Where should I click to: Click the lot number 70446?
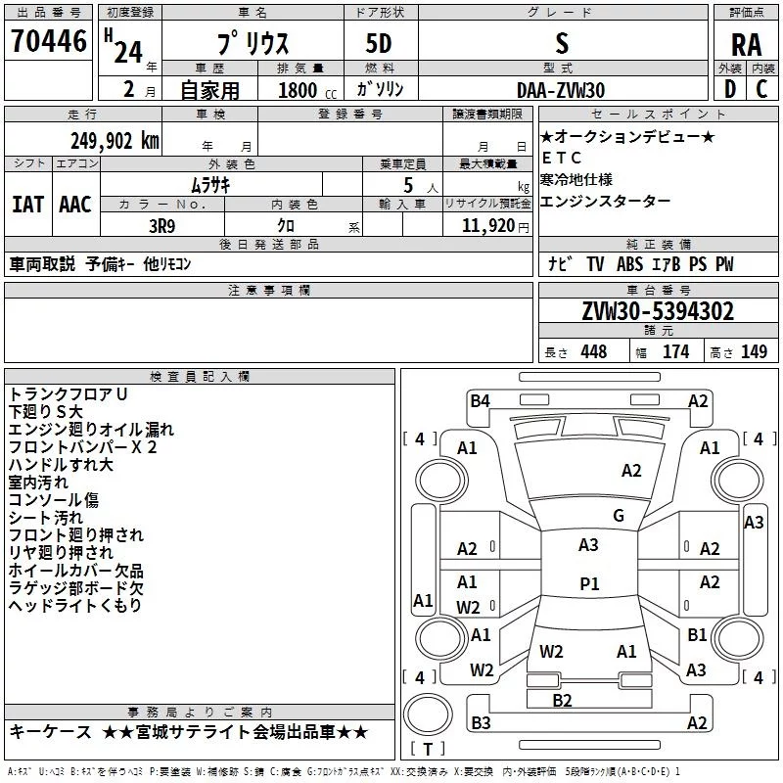coord(48,41)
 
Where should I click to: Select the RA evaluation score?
coord(746,43)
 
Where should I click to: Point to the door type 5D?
coord(378,44)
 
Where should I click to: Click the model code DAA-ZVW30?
coord(561,89)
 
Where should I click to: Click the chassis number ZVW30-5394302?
coord(657,311)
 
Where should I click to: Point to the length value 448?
coord(593,352)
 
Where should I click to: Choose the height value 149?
coord(754,352)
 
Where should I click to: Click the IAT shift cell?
coord(27,205)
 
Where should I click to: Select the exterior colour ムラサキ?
coord(209,183)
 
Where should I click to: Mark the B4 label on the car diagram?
coord(480,399)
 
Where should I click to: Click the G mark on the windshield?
coord(619,516)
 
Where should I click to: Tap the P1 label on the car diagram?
coord(589,584)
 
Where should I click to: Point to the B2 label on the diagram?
coord(562,700)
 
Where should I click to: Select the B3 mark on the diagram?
coord(481,722)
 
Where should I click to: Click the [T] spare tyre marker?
coord(427,750)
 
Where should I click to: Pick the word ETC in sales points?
coord(562,158)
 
